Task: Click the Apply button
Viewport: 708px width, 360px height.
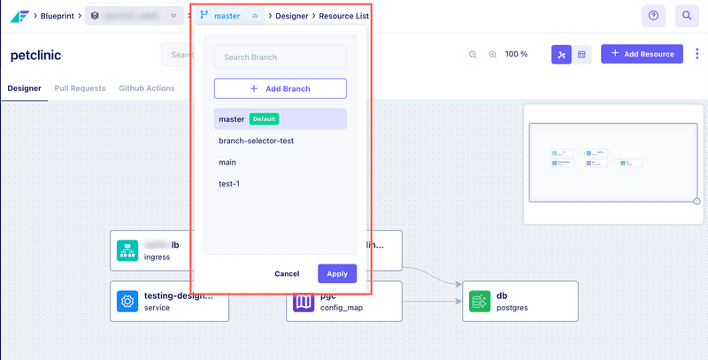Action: [x=336, y=273]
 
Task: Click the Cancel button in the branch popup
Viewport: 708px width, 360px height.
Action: [x=287, y=273]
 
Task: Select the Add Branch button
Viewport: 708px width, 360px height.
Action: [x=280, y=88]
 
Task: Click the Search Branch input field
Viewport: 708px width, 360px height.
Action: [x=280, y=57]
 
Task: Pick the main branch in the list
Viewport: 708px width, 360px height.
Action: [x=227, y=162]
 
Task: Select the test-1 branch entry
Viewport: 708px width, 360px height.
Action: [x=229, y=184]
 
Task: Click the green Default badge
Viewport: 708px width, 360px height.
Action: [x=265, y=119]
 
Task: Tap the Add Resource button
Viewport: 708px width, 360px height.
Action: [x=642, y=54]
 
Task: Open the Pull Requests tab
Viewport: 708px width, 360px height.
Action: [x=81, y=88]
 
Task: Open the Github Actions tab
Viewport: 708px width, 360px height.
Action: [x=146, y=88]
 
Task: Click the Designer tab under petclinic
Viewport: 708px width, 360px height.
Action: [x=24, y=88]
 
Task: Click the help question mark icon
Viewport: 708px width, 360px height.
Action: [x=653, y=16]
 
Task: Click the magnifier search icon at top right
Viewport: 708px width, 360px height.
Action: [x=686, y=16]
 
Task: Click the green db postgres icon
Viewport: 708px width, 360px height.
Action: [x=479, y=302]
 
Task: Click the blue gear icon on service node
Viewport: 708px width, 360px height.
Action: [x=127, y=302]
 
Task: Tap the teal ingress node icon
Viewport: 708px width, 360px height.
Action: [x=127, y=250]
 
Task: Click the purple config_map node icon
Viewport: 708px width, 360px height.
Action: [x=304, y=302]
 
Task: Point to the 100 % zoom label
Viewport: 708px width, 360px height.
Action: [x=516, y=54]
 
